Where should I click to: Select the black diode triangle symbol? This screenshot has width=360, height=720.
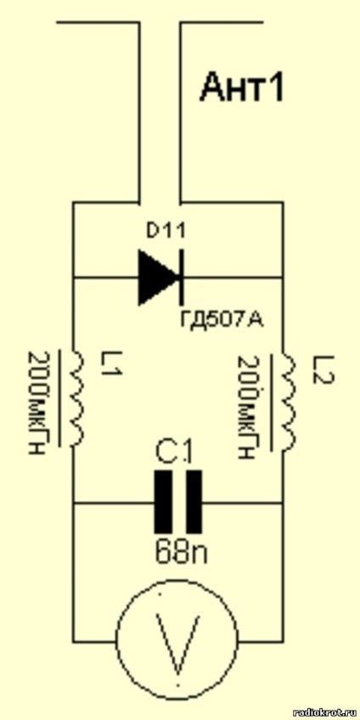158,278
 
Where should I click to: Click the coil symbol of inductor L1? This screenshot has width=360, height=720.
77,398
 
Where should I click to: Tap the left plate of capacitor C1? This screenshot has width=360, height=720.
163,503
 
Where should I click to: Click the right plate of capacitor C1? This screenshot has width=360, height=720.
194,503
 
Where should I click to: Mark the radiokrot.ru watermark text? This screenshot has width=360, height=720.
324,712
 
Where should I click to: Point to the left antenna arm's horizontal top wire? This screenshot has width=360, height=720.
97,20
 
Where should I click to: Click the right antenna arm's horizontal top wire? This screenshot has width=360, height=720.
222,20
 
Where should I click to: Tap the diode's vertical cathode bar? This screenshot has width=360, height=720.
181,278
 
